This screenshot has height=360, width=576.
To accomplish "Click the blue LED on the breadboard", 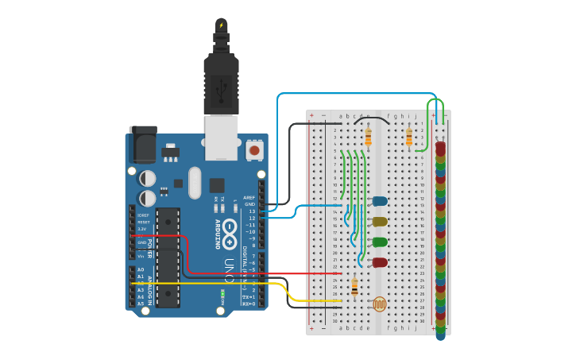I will click(x=380, y=202).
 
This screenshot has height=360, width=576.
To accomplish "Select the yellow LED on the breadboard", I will click(x=380, y=222).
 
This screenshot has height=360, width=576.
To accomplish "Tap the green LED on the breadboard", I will click(x=380, y=242).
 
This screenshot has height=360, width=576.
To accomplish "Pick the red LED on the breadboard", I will click(x=380, y=261).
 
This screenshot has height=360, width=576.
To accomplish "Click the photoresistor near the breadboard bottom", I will click(x=380, y=304).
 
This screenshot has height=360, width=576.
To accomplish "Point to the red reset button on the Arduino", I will click(x=254, y=149).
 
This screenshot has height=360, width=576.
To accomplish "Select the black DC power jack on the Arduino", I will click(x=142, y=145).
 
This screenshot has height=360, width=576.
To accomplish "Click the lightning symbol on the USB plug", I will click(x=221, y=25).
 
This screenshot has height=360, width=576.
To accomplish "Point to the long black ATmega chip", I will click(x=168, y=257).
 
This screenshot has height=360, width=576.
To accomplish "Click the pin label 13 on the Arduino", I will click(x=251, y=211).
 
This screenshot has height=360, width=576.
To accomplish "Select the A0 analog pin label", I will click(x=141, y=270).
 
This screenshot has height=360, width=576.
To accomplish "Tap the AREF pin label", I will click(x=249, y=198).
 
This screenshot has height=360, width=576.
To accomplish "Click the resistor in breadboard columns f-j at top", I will click(x=409, y=138).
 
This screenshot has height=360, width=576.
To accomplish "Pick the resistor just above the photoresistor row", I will click(x=354, y=287).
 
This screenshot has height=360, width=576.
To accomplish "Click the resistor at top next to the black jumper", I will click(x=368, y=137).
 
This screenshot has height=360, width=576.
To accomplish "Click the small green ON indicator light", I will click(x=223, y=296).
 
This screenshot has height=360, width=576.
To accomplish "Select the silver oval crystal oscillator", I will click(x=195, y=182).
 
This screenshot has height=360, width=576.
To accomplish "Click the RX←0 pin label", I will click(x=248, y=304).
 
